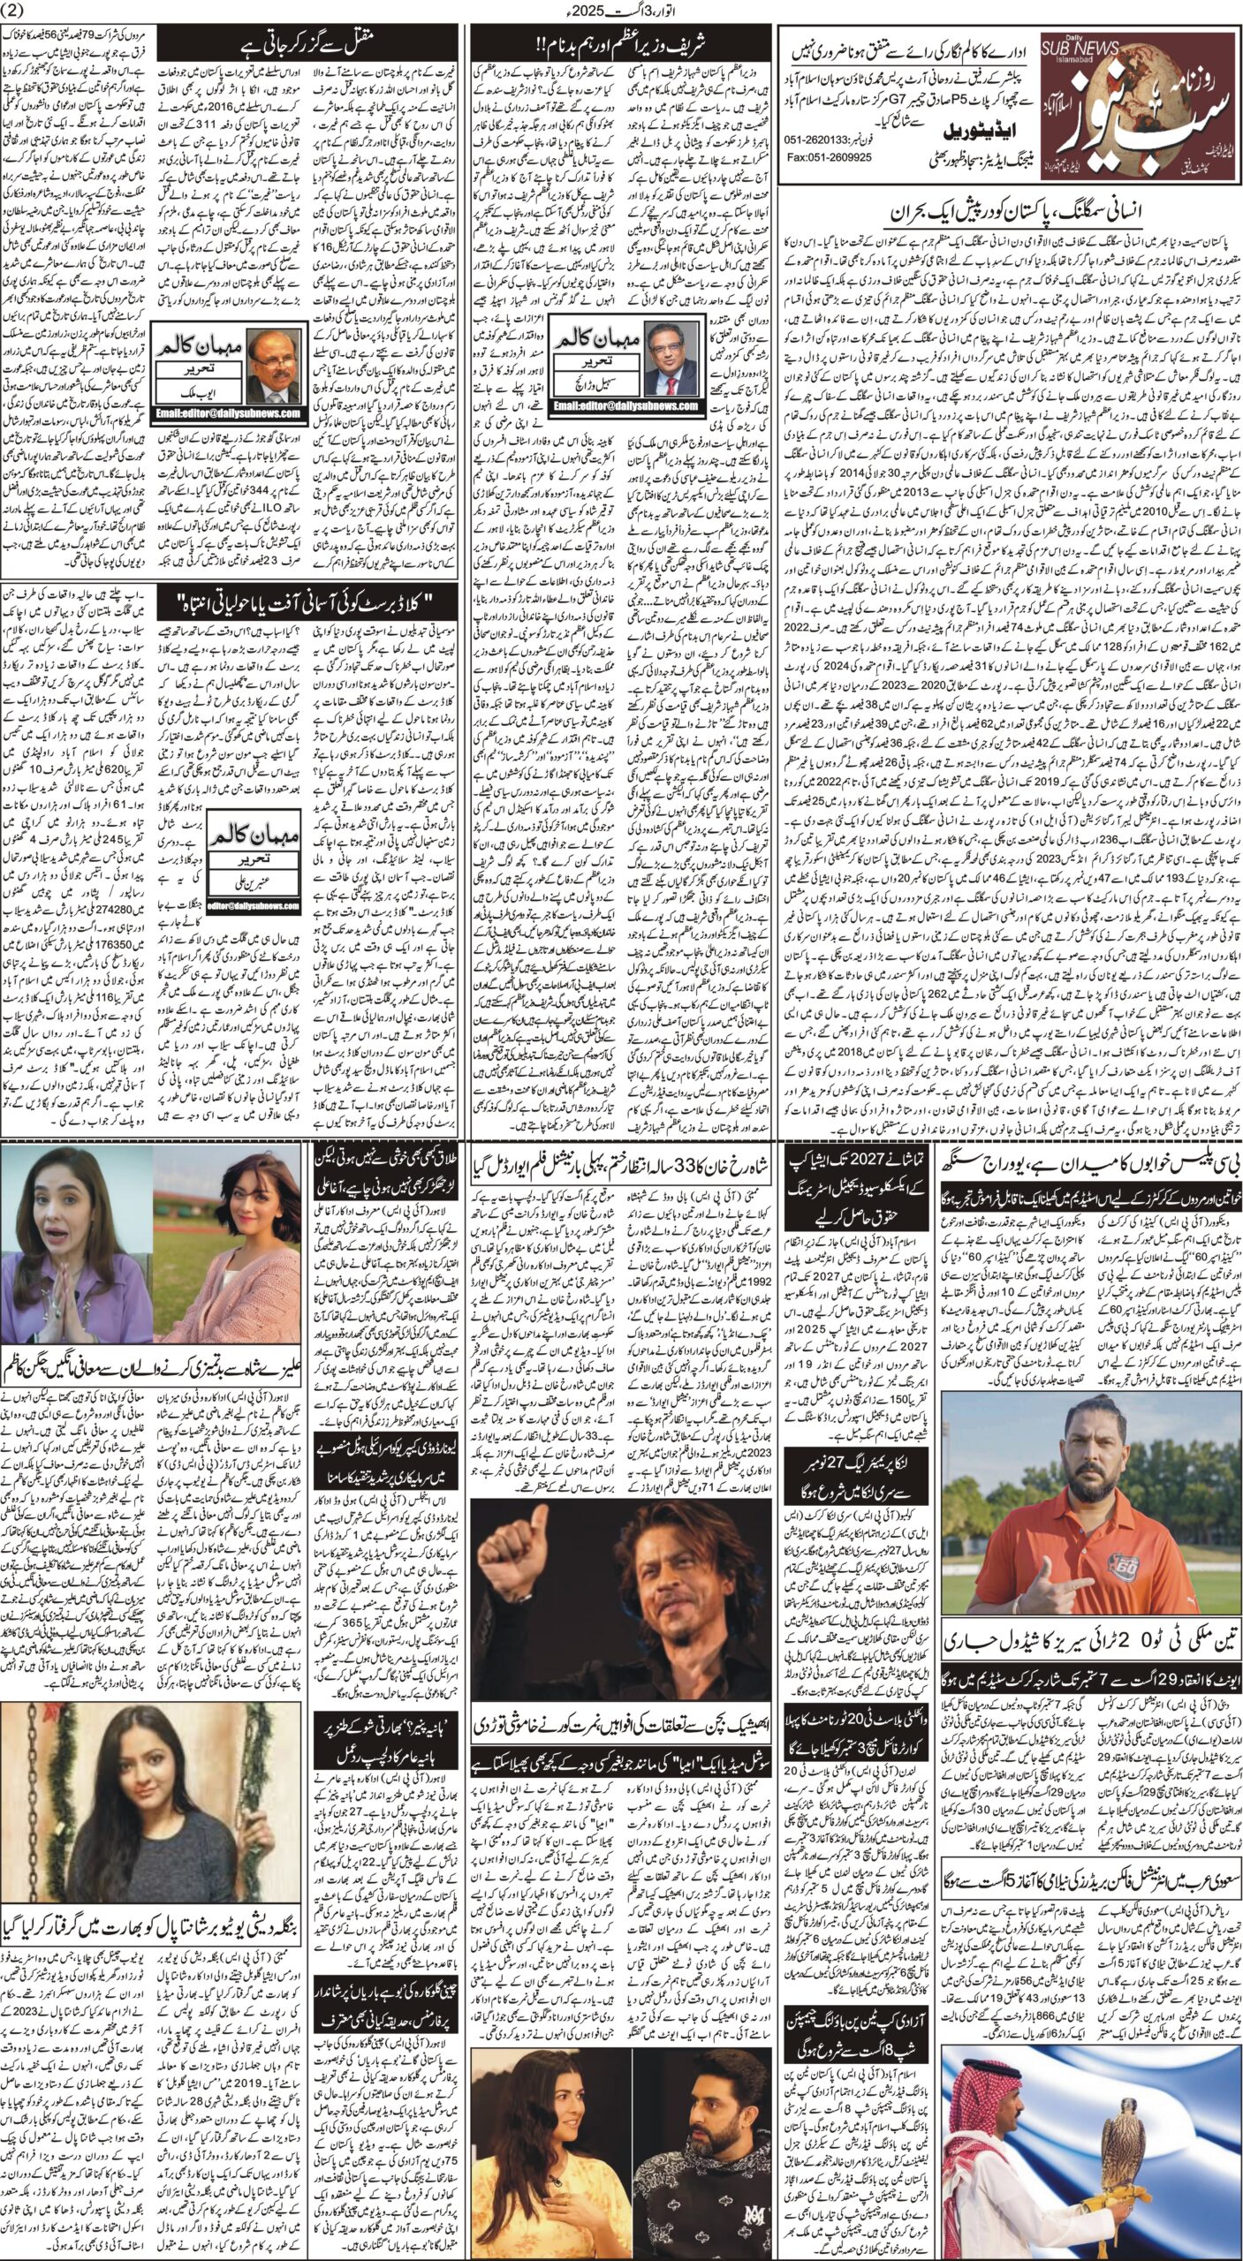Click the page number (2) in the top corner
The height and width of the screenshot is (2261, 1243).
click(x=18, y=11)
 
